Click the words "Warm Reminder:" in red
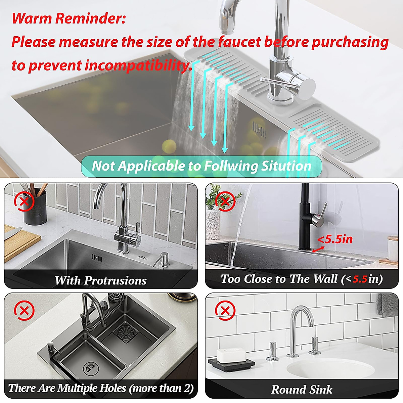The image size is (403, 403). [69, 18]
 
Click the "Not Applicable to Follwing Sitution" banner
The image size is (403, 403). [201, 166]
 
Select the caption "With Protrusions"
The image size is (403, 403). [100, 280]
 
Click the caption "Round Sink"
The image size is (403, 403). [302, 389]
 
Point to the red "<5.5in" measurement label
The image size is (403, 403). [335, 239]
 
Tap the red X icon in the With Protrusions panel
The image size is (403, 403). [24, 202]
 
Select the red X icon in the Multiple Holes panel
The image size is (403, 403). [24, 311]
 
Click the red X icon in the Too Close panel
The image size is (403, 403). [225, 202]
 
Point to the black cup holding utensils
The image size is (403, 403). [35, 210]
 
